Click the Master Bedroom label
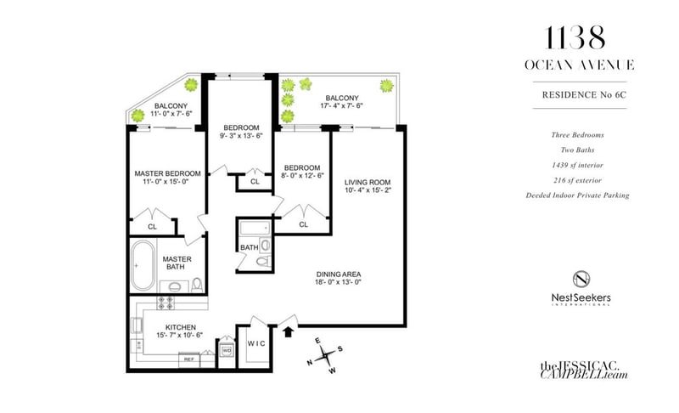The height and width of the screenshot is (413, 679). pos(167,173)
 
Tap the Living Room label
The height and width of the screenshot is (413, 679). pos(368,183)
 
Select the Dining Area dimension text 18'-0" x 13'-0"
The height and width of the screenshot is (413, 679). pos(338,282)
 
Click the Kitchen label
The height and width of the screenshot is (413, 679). pos(181,327)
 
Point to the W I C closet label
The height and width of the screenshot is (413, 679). pos(256,343)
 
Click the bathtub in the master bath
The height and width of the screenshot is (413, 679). pos(143,265)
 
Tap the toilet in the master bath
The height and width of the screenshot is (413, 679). pos(197,285)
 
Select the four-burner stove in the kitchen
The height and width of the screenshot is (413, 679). pos(165,303)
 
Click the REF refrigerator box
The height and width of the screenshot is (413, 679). pos(189,359)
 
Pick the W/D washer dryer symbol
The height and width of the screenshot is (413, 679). pos(227,349)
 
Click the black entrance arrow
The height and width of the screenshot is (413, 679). pos(288,331)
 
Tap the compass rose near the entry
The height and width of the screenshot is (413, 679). pos(325,356)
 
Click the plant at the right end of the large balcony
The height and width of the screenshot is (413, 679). pos(387,86)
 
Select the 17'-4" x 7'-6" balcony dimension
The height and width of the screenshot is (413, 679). pos(342,105)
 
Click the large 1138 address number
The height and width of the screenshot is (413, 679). pos(575,37)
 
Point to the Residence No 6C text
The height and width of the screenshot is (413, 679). pos(584,95)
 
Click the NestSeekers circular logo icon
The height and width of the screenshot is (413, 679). pos(581,279)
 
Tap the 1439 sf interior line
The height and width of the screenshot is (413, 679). pos(578,165)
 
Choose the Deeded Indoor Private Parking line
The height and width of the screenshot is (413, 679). pos(578,195)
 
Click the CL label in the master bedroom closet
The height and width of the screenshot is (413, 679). pos(152,227)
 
